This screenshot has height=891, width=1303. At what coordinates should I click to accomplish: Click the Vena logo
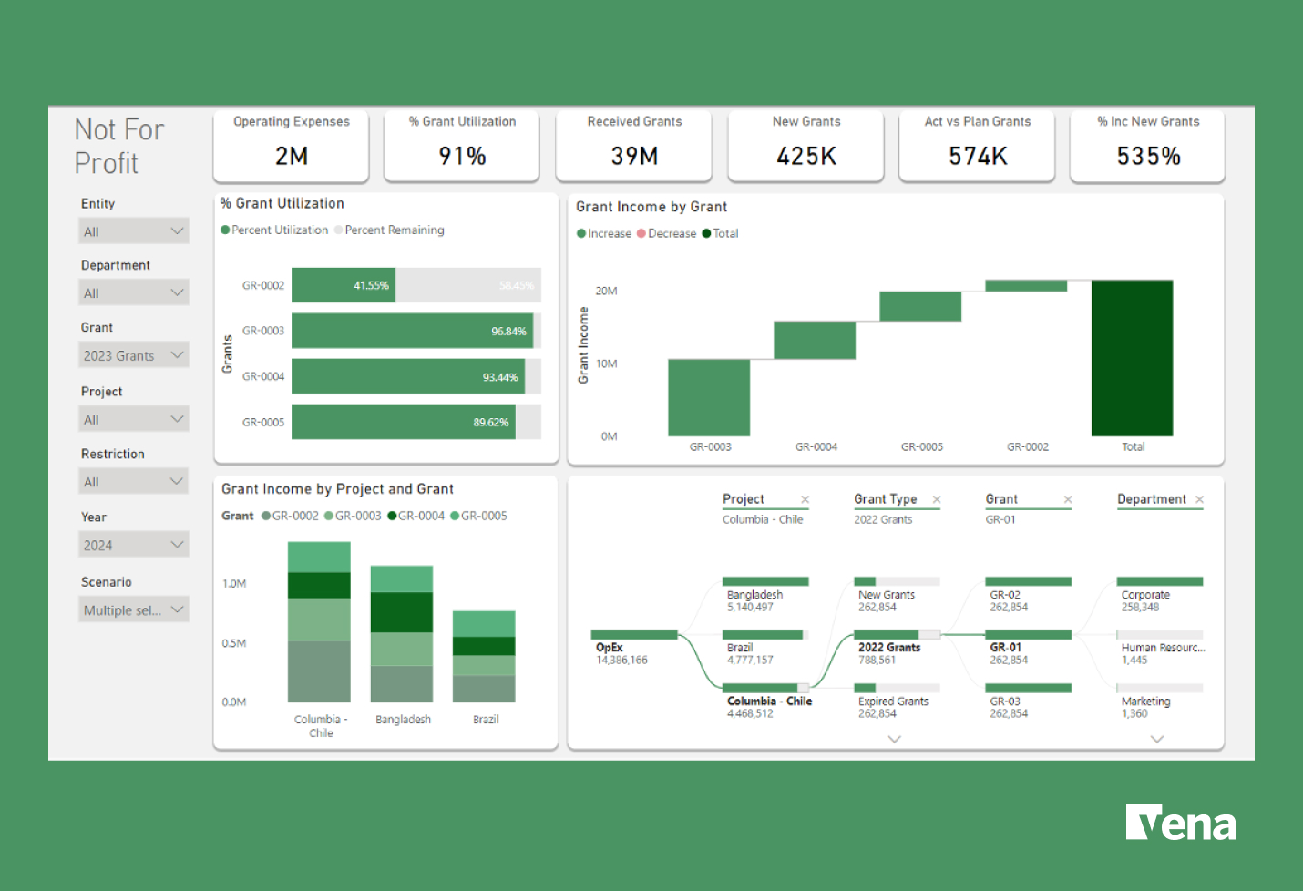coord(1180,823)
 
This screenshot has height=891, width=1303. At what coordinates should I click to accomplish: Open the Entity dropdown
coord(134,231)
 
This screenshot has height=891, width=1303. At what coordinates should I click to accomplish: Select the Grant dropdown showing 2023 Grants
coord(134,355)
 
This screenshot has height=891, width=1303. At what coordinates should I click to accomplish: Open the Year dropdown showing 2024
coord(134,545)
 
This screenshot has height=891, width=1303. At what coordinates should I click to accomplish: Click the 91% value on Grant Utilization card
coord(462,157)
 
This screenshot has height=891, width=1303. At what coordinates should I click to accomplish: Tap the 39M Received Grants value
coord(634,157)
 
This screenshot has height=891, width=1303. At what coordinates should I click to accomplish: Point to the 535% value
coord(1148,157)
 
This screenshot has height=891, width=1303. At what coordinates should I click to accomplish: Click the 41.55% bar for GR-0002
coord(344,285)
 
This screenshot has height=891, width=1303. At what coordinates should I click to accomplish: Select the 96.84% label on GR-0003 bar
coord(508,332)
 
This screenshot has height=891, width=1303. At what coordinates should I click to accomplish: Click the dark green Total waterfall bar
coord(1132,358)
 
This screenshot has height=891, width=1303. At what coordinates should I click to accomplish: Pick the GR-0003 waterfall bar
coord(709,397)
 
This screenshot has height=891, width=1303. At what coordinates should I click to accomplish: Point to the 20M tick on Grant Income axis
coord(606,292)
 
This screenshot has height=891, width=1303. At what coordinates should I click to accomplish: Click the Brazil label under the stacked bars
coord(486,720)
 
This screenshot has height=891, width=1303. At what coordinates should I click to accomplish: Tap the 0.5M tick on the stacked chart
coord(234,643)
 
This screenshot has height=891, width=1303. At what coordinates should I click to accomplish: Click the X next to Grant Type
coord(937,499)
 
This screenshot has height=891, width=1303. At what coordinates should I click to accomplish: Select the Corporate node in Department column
coord(1145,595)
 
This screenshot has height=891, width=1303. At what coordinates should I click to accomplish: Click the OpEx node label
coord(610,648)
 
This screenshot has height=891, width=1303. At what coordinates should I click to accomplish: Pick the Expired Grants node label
coord(893,702)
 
